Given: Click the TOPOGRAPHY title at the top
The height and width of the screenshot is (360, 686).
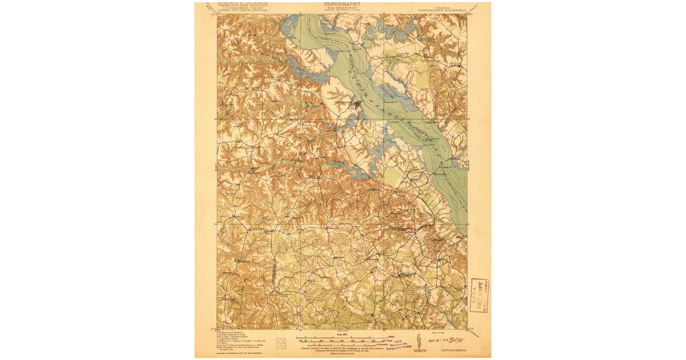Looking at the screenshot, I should click(x=342, y=5).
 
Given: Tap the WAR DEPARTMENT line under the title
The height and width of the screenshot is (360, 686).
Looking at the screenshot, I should click(x=342, y=9).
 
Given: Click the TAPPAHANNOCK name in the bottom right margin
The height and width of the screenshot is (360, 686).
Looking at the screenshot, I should click(x=452, y=348).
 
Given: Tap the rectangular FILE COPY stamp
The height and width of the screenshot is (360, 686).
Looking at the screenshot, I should click(x=479, y=294).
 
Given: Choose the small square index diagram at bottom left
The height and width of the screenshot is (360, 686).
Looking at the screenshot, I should click(x=281, y=343).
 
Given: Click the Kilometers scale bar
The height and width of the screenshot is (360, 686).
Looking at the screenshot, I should click(x=342, y=343).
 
